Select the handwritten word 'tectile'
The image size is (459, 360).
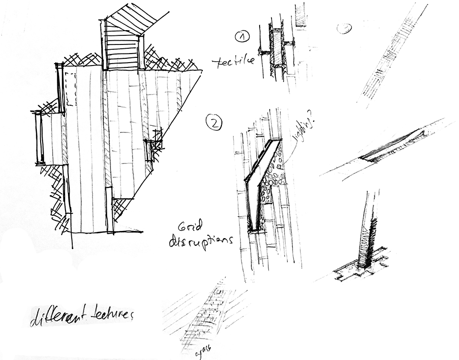(233, 63)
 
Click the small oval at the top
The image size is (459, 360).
(344, 28)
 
